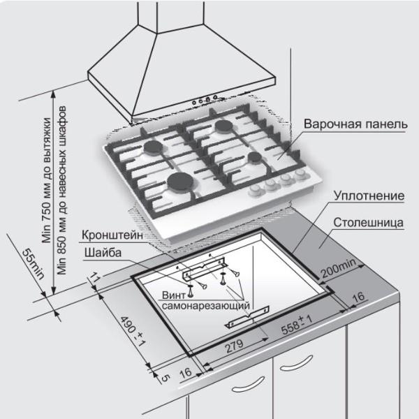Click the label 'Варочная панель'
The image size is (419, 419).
(355, 124)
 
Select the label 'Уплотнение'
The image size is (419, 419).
(368, 197)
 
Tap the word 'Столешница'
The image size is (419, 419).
(369, 225)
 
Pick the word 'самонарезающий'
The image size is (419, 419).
(207, 306)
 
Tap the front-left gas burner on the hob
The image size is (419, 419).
(183, 183)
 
